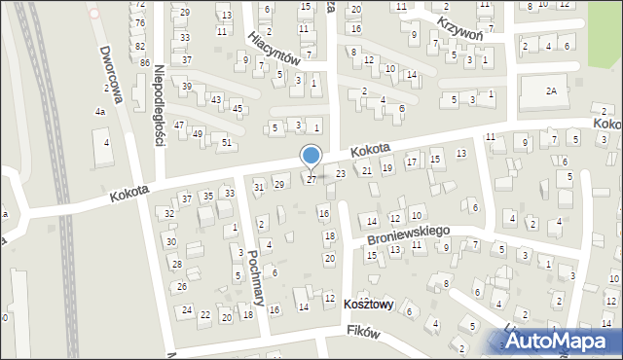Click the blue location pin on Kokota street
(x=311, y=157)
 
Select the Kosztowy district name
(x=368, y=305)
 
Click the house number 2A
(x=551, y=91)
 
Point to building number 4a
(x=99, y=112)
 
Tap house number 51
(x=226, y=143)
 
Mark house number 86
(x=144, y=62)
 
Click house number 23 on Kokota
(x=340, y=173)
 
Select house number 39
(x=186, y=87)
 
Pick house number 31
(x=258, y=187)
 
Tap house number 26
(x=181, y=287)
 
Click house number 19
(x=387, y=168)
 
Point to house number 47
(x=179, y=126)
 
